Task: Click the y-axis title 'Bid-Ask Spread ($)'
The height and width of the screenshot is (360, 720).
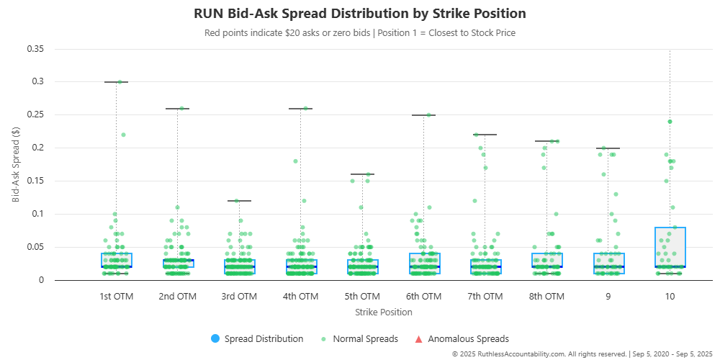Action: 16,164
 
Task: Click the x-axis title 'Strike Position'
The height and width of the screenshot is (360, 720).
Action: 384,312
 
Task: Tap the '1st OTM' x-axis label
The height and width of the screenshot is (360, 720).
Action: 116,296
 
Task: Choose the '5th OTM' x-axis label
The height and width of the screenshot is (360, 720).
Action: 362,296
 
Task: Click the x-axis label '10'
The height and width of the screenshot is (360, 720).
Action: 670,296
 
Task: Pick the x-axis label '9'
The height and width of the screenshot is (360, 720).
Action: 608,296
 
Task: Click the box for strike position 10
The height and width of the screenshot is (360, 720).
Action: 670,247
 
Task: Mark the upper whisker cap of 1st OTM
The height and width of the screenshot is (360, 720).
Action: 116,82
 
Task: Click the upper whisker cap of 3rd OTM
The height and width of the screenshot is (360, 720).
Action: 239,201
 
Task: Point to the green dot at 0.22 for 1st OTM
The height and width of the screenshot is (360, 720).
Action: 123,135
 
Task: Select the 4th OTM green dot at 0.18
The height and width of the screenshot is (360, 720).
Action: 295,161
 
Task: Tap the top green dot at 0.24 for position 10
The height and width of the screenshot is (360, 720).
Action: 670,122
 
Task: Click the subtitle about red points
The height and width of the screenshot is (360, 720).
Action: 360,32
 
